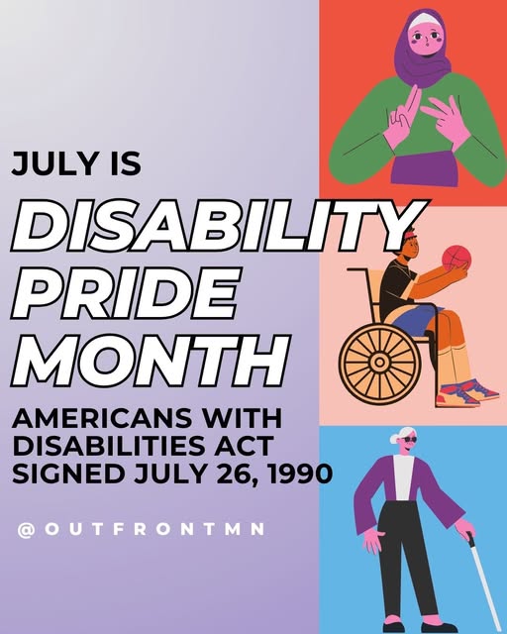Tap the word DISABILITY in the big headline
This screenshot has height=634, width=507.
pyautogui.click(x=218, y=226)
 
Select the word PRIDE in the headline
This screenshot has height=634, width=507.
pyautogui.click(x=126, y=293)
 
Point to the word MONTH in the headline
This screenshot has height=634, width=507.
pyautogui.click(x=151, y=361)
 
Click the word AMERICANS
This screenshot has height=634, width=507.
pyautogui.click(x=102, y=418)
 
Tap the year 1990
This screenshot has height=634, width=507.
pyautogui.click(x=300, y=474)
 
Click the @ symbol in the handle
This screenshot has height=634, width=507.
pyautogui.click(x=26, y=530)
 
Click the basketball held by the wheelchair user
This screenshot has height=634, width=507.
pyautogui.click(x=456, y=258)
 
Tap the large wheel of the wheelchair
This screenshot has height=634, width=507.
pyautogui.click(x=379, y=362)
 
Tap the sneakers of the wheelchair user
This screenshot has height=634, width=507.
pyautogui.click(x=466, y=392)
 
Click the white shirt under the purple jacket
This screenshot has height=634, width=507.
pyautogui.click(x=403, y=477)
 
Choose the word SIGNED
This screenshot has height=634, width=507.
pyautogui.click(x=68, y=474)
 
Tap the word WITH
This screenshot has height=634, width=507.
pyautogui.click(x=242, y=418)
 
